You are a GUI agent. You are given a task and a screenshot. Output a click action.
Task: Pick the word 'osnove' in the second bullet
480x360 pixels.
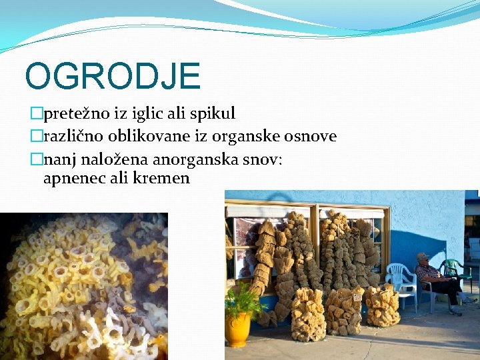click(312, 137)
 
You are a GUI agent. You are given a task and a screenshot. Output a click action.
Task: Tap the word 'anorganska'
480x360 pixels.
click(192, 160)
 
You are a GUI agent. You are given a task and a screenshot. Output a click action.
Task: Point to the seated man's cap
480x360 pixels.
click(421, 256)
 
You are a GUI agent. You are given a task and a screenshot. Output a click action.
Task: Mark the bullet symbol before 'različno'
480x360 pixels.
click(37, 137)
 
